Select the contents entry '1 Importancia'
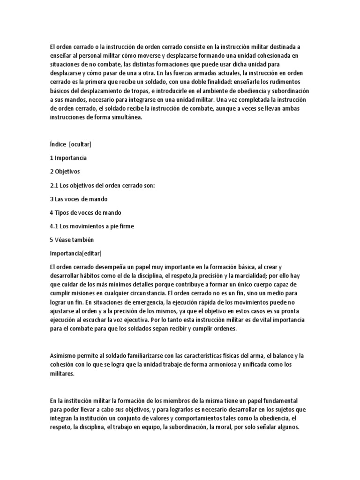tap(68, 157)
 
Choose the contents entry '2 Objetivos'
tap(65, 172)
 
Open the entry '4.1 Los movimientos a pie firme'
tap(92, 226)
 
